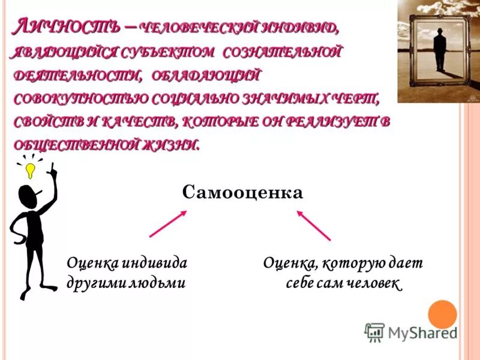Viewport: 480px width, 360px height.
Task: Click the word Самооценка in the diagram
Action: tap(243, 192)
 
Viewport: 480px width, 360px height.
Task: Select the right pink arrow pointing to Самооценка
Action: tap(314, 224)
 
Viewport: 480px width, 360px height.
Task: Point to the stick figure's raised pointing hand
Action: tap(52, 171)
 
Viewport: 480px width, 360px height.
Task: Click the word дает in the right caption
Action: tap(409, 263)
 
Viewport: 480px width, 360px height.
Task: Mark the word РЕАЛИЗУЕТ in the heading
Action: tap(328, 122)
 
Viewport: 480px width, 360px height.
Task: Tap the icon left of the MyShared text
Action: tap(374, 332)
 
